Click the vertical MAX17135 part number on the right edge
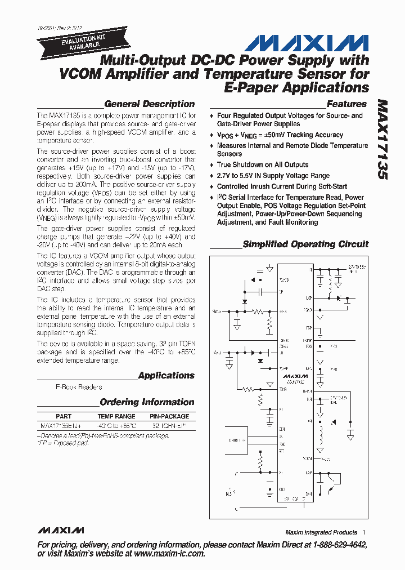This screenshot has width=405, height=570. pos(382,141)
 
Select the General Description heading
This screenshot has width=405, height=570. pos(149,104)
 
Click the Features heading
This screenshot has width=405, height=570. pos(346,104)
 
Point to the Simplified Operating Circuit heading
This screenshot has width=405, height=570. pos(305,244)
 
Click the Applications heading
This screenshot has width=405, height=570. pos(166,375)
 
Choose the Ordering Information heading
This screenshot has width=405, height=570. pos(147,402)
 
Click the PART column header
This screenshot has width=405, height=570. pos(64,416)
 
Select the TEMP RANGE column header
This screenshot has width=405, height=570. pos(116,416)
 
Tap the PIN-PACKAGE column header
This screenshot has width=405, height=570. pos(169,416)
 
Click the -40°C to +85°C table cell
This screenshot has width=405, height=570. pos(116,426)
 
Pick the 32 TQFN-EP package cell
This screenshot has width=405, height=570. pos(169,426)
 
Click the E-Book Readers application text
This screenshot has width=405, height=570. pos(79,387)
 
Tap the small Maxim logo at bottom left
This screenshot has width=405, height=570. pos(61,531)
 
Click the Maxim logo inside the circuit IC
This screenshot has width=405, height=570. pos(295,375)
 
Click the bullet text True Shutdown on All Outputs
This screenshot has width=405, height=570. pos(263,164)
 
